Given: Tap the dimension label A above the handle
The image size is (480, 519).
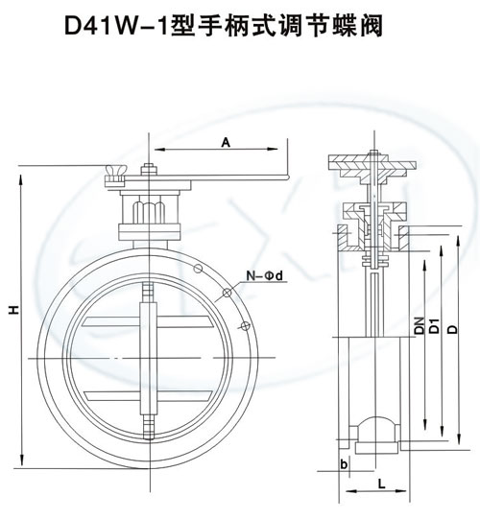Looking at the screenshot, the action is pyautogui.click(x=226, y=143).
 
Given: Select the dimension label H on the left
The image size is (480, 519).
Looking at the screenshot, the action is pyautogui.click(x=13, y=310).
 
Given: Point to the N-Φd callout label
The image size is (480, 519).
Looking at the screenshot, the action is pyautogui.click(x=265, y=275).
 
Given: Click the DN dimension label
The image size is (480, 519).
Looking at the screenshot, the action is pyautogui.click(x=420, y=325).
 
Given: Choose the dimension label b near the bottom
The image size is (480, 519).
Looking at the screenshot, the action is pyautogui.click(x=344, y=464).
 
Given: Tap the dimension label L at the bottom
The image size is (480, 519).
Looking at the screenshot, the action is pyautogui.click(x=382, y=484).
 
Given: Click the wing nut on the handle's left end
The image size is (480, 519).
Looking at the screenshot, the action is pyautogui.click(x=114, y=176).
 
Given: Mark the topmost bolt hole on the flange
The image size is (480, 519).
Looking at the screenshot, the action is pyautogui.click(x=198, y=269).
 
